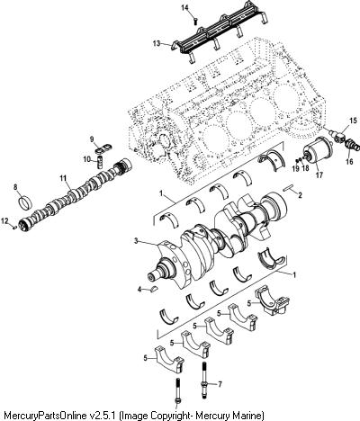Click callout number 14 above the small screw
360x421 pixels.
(x=185, y=8)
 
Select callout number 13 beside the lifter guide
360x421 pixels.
(x=157, y=43)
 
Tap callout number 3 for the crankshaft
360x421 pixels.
(x=136, y=241)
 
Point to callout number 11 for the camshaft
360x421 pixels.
(x=63, y=178)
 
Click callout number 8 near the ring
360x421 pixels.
(x=15, y=187)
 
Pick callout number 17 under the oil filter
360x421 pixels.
(x=319, y=175)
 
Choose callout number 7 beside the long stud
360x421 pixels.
(x=220, y=384)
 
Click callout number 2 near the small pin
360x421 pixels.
(x=300, y=195)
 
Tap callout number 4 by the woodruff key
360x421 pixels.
(x=139, y=290)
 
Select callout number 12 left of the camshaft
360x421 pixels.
(x=5, y=221)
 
